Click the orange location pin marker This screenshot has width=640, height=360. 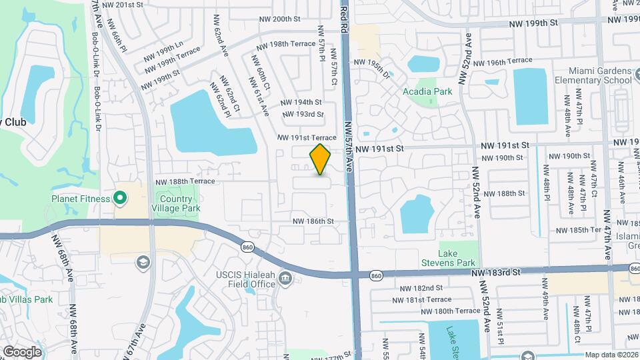321,159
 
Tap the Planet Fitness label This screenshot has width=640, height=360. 81,197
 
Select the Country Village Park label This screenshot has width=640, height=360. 177,203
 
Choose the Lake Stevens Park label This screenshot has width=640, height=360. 459,258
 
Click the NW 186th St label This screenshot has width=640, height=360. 313,221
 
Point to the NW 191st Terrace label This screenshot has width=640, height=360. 307,137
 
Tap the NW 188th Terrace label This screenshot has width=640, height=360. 185,181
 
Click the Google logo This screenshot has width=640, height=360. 22,351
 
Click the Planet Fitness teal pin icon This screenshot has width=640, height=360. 119,197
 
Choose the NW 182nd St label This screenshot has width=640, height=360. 421,288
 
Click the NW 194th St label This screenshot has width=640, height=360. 301,103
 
